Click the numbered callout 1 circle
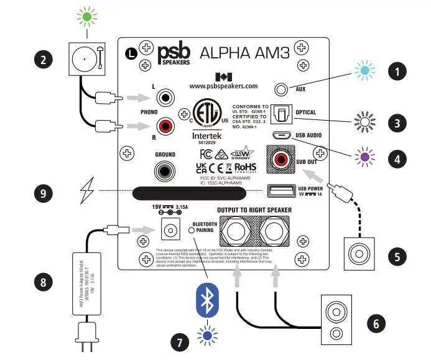pyautogui.click(x=395, y=72)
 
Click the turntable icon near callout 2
pyautogui.click(x=83, y=58)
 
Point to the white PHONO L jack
pyautogui.click(x=166, y=98)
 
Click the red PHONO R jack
pyautogui.click(x=166, y=126)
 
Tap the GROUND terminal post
pyautogui.click(x=166, y=168)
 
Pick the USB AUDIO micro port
pyautogui.click(x=279, y=135)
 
